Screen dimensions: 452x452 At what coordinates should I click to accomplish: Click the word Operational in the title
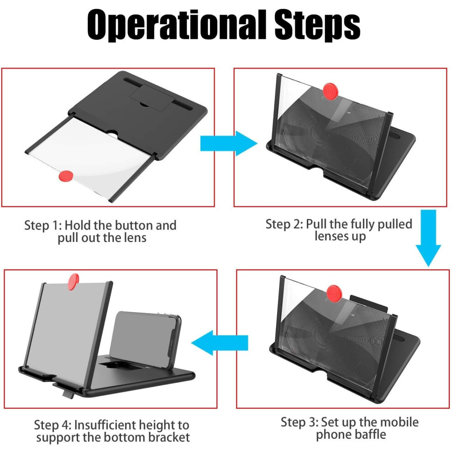tap(176, 26)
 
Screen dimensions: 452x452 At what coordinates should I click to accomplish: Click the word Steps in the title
tap(317, 26)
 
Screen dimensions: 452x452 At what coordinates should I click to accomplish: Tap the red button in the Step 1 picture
tap(66, 176)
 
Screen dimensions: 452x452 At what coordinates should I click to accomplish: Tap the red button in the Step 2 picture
tap(331, 91)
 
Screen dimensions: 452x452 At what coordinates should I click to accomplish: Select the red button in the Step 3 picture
tap(334, 294)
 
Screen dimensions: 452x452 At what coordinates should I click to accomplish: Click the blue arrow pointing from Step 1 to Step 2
tap(229, 143)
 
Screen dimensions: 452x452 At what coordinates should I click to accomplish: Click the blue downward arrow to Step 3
tap(428, 237)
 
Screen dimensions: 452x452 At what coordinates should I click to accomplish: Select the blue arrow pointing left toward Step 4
tap(219, 343)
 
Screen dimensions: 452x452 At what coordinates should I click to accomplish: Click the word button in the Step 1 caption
tap(133, 225)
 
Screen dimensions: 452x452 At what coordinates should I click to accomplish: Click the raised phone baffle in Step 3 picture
tap(369, 303)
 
